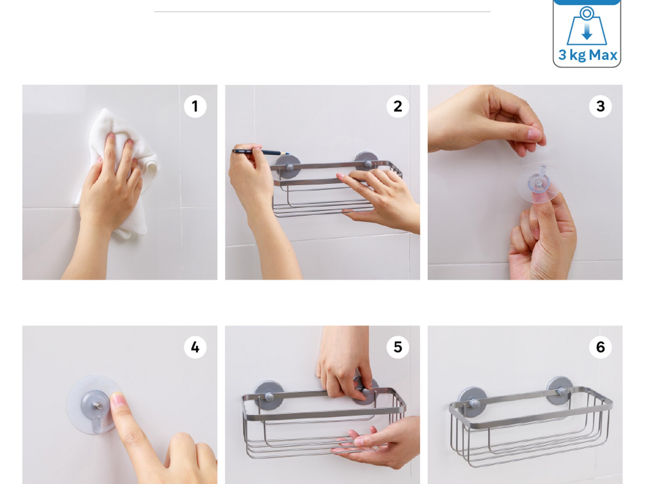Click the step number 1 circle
(195, 106)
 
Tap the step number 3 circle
(600, 106)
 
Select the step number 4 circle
(195, 347)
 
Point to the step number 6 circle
(600, 347)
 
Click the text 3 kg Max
(587, 55)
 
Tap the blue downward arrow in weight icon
(587, 32)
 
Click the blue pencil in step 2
(262, 152)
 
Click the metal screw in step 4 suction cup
(96, 405)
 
